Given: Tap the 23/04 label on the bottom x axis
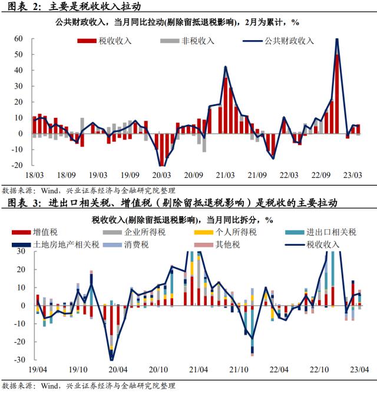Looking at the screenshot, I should [x=359, y=370].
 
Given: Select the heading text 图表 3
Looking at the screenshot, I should [x=21, y=204].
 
